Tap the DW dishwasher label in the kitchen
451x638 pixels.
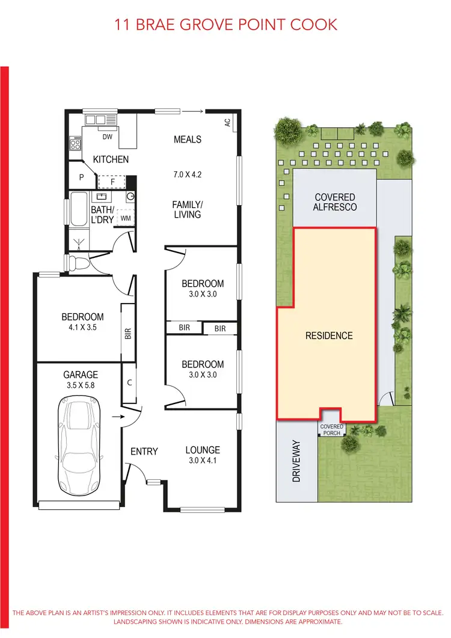[108, 137]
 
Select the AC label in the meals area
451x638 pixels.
[227, 122]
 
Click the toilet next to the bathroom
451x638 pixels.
[77, 263]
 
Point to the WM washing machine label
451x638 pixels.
[125, 218]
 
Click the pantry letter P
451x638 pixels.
[81, 177]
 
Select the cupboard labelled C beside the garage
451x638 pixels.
[129, 382]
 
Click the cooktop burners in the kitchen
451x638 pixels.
[76, 144]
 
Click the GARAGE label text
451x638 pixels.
[81, 374]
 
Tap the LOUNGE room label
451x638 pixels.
[203, 450]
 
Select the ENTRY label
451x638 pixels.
[144, 451]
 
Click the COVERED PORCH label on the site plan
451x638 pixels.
[331, 429]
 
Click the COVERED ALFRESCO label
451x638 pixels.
[334, 202]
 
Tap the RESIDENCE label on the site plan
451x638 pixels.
[329, 336]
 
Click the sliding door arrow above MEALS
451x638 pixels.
[192, 111]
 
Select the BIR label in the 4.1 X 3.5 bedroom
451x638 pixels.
[127, 333]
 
